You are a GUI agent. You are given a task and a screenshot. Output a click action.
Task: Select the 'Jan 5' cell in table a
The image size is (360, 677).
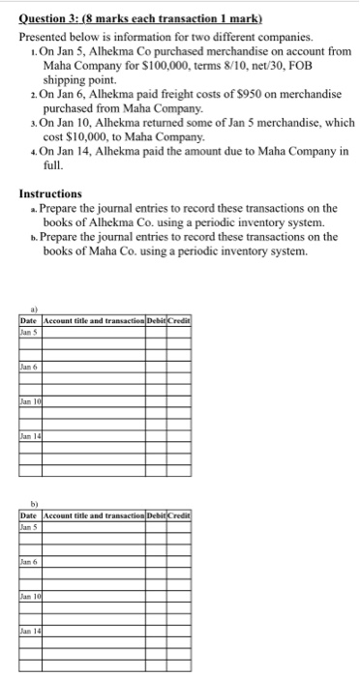pyautogui.click(x=27, y=332)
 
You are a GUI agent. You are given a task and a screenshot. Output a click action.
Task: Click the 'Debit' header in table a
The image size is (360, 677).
pyautogui.click(x=155, y=320)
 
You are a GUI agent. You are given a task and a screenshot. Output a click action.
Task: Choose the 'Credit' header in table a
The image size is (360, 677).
pyautogui.click(x=179, y=320)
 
